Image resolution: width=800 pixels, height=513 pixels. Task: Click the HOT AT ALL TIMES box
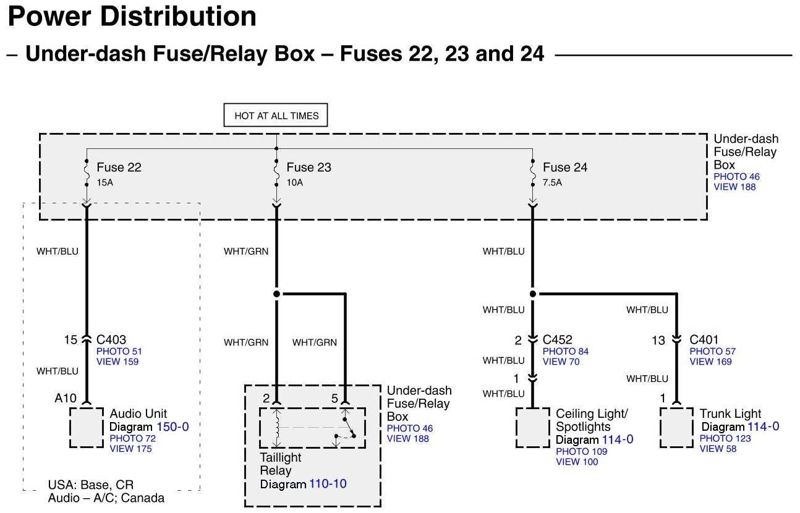tap(276, 116)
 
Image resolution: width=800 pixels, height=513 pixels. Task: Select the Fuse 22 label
tap(119, 167)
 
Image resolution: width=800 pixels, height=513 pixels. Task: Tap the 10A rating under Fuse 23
tap(295, 182)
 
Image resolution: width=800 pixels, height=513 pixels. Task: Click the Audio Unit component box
tap(86, 427)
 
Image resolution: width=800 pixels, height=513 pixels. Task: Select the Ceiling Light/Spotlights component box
tap(533, 427)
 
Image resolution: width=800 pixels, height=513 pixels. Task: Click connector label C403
tap(111, 339)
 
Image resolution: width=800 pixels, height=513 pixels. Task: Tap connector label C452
tap(557, 339)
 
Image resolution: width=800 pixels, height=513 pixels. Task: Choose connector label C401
tap(704, 339)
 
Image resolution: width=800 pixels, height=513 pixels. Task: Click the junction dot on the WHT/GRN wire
tap(276, 294)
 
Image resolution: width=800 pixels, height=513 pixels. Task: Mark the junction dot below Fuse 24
tap(532, 294)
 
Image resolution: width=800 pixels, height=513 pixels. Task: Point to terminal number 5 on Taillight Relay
tap(334, 399)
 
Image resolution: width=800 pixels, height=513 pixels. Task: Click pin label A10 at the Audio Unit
tap(66, 399)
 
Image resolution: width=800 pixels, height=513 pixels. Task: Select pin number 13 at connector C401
tap(658, 340)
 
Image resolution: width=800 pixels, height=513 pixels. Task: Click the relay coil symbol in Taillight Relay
tap(278, 426)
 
